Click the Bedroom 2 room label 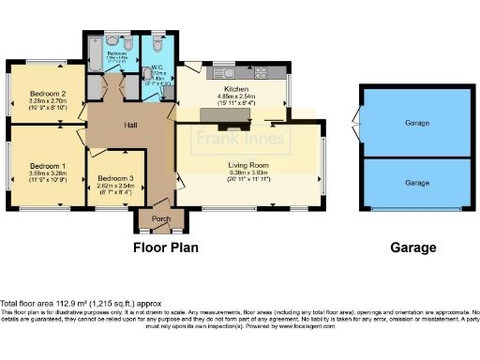(x=48, y=94)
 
